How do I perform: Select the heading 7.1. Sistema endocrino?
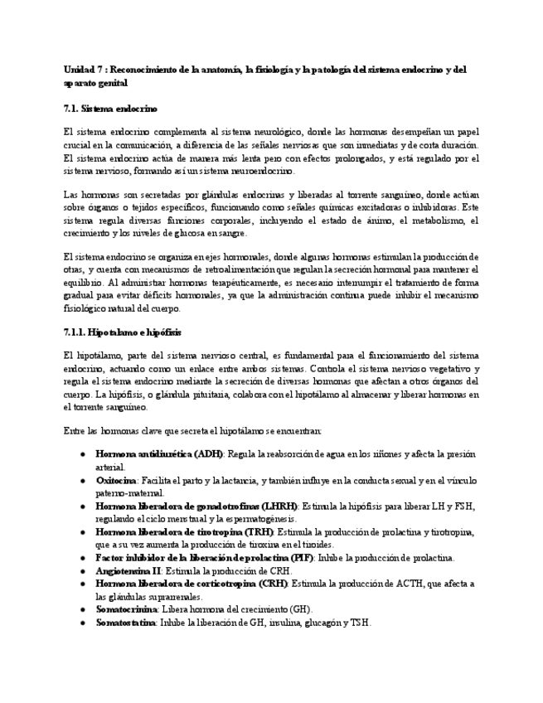click(x=110, y=109)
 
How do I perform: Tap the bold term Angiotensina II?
click(x=128, y=572)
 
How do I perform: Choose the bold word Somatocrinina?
click(x=126, y=609)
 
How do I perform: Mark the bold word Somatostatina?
click(x=126, y=623)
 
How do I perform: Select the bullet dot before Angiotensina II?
click(x=82, y=572)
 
